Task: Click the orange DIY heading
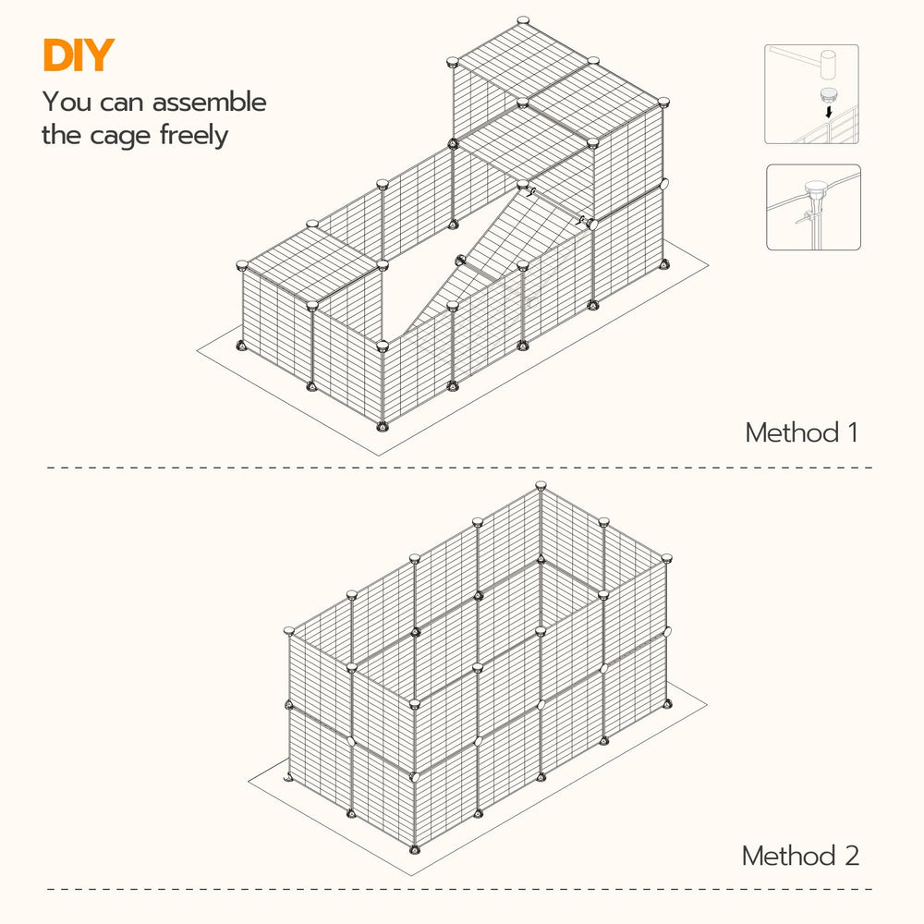pos(79,55)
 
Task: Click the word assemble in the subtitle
pos(209,102)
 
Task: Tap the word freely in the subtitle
pos(194,136)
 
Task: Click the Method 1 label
pos(801,432)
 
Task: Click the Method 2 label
pos(800,856)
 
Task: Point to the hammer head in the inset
pos(829,65)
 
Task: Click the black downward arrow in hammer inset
pos(829,112)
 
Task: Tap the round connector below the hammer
pos(829,94)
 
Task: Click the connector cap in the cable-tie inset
pos(816,189)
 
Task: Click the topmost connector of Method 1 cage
pos(523,21)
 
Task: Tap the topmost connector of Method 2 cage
pos(541,486)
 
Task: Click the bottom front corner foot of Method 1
pos(383,425)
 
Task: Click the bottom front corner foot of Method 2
pos(416,849)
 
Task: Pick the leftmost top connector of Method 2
pos(288,631)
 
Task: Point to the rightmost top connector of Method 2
pos(666,558)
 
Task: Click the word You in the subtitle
pos(67,102)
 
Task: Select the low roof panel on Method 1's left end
pos(312,264)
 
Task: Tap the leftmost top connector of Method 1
pos(242,265)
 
